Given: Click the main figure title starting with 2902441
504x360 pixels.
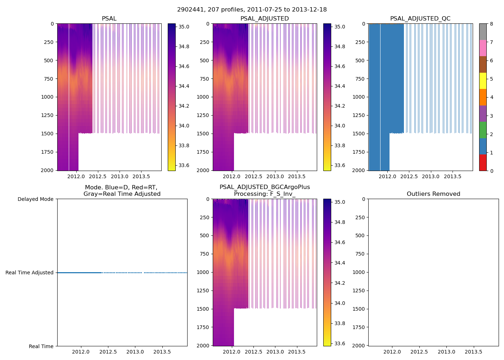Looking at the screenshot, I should [x=252, y=10].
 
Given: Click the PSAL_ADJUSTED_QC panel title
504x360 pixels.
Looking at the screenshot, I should [x=420, y=19].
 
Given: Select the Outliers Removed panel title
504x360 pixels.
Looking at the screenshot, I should [x=433, y=194].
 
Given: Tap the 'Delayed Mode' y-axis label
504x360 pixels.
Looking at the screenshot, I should [x=35, y=199].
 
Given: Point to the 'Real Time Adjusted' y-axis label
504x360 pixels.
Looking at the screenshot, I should [x=30, y=273].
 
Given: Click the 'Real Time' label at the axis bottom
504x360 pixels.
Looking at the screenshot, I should [x=41, y=346].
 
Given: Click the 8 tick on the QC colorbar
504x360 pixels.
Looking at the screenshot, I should [x=491, y=24].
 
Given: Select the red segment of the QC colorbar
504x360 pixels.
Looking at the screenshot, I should [x=483, y=162].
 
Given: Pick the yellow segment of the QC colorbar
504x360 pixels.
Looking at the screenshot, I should [x=483, y=81].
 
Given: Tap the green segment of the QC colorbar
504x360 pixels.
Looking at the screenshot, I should [x=483, y=130].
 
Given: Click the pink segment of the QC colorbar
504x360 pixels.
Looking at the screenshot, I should [x=483, y=48].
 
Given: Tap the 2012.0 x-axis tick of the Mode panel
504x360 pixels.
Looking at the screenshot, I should [x=81, y=352].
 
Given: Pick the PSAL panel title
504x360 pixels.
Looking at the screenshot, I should [x=109, y=19].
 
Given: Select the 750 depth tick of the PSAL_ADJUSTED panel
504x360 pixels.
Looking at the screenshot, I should [x=204, y=79].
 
